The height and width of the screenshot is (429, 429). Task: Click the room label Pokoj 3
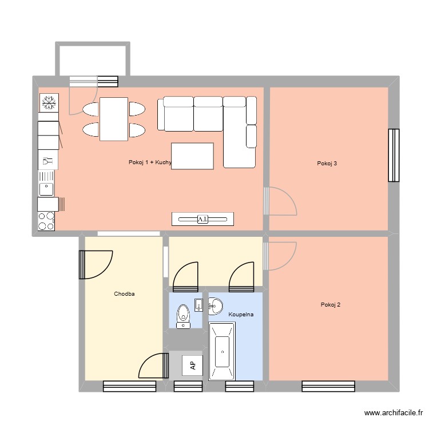(x=327, y=164)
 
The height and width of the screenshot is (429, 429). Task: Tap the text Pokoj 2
(x=331, y=305)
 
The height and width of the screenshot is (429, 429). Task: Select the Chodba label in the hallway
(x=124, y=294)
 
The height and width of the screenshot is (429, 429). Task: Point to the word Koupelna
(x=241, y=315)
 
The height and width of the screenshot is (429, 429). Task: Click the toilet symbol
(x=183, y=315)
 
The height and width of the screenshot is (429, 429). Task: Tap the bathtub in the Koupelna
(x=221, y=351)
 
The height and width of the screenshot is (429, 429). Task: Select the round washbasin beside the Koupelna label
(x=216, y=305)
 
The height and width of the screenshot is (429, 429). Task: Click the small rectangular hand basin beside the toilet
(x=198, y=304)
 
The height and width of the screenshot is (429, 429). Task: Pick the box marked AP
(x=192, y=365)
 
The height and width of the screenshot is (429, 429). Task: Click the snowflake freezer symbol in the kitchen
(x=49, y=103)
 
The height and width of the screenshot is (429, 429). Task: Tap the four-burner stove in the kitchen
(x=46, y=221)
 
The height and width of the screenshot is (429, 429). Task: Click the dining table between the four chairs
(x=113, y=119)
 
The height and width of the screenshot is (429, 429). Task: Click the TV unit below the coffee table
(x=202, y=219)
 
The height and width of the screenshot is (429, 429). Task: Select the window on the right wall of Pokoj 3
(x=394, y=155)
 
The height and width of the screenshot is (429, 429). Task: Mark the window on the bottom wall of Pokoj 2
(x=328, y=386)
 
